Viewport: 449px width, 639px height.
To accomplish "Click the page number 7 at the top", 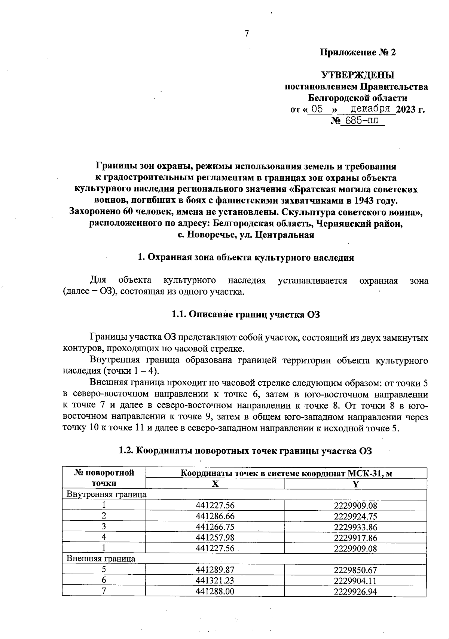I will (247, 34).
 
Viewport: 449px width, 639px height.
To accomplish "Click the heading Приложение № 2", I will (357, 52).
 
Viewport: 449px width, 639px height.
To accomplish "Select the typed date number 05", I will (317, 109).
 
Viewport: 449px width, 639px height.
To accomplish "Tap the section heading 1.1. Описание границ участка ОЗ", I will (245, 314).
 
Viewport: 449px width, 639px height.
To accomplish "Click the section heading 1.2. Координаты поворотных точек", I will (245, 451).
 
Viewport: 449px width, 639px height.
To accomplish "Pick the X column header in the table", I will (215, 484).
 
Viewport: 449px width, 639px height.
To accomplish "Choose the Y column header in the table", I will (355, 484).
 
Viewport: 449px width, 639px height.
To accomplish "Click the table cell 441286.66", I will (215, 517).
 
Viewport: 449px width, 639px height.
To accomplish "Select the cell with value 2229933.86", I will (355, 528).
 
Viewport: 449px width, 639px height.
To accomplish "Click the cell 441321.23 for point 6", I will (215, 581).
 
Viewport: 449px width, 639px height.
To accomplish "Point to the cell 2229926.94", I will (355, 591).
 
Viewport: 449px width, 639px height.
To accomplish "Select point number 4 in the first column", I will (104, 538).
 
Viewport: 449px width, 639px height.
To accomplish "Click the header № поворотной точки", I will (104, 478).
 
